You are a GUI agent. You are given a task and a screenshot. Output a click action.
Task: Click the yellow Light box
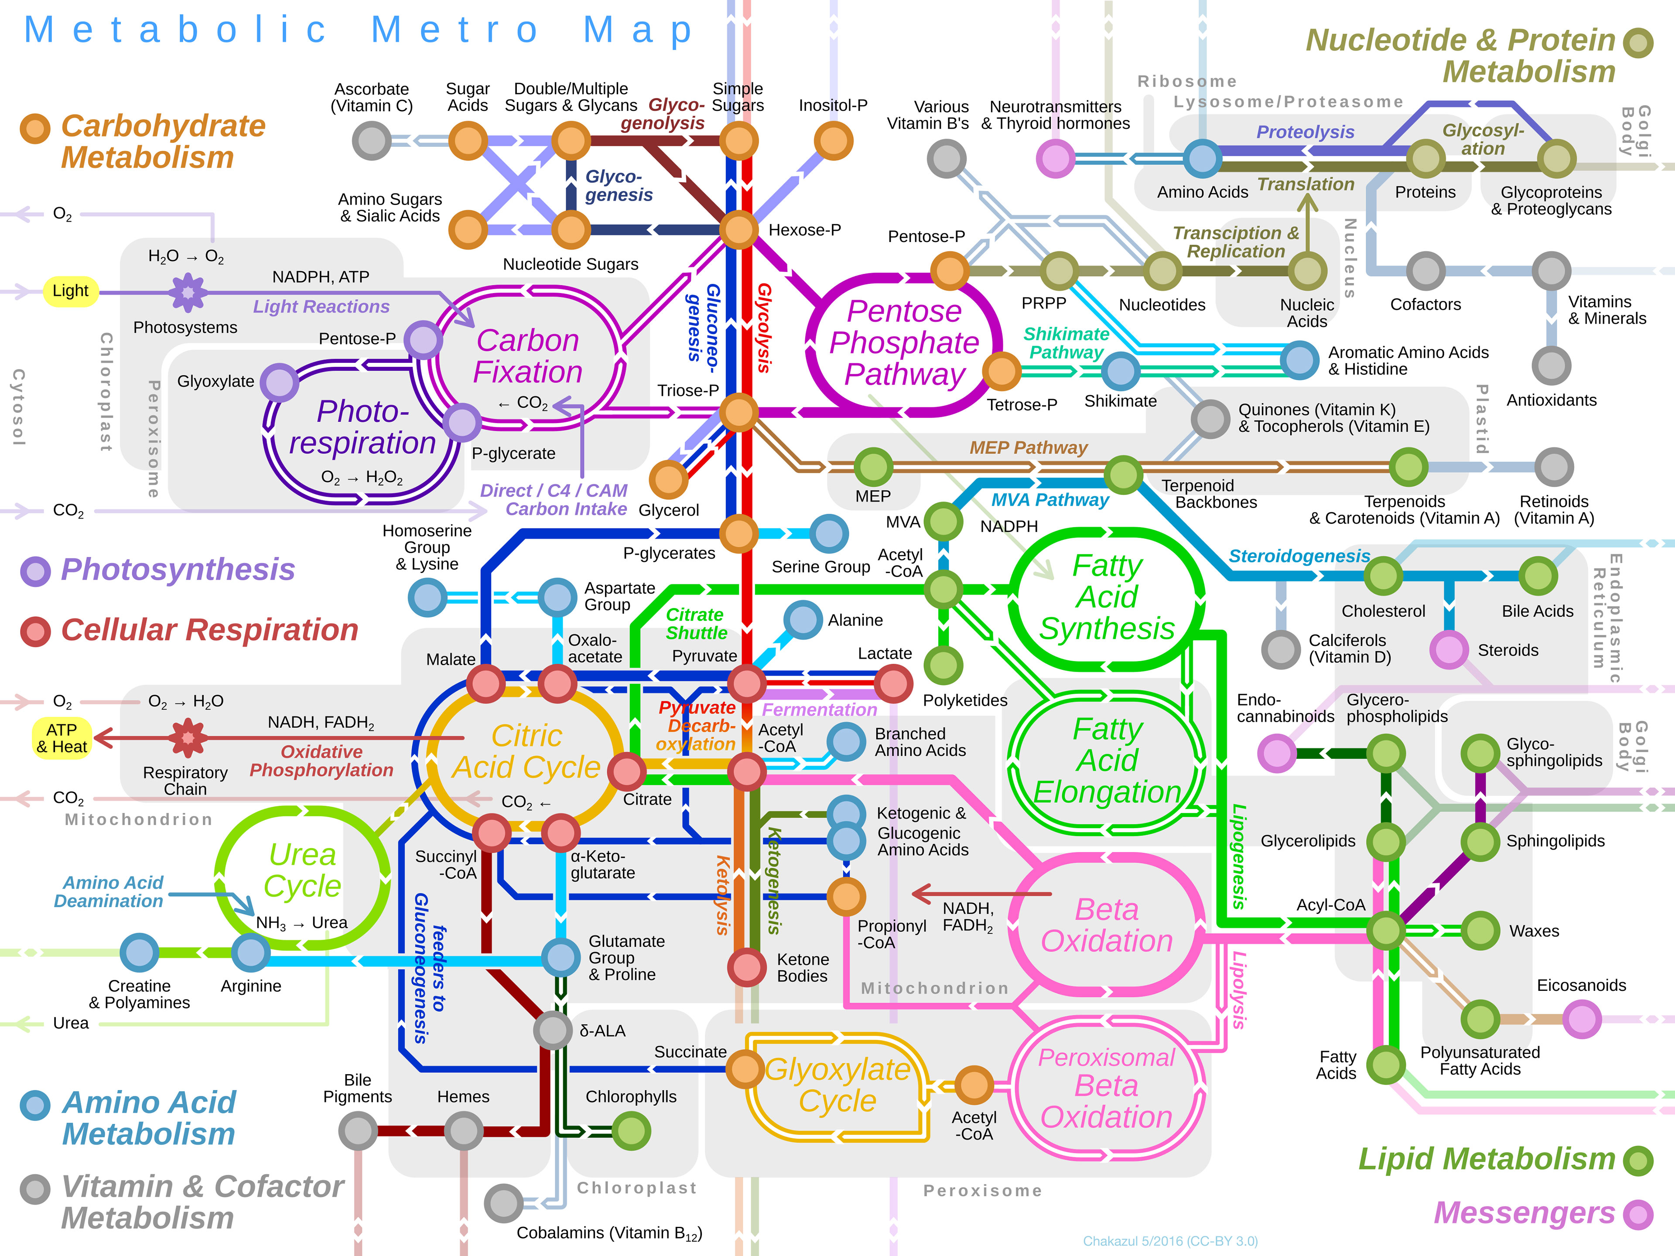click(70, 291)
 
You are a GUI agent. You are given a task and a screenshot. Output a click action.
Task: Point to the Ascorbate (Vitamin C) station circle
click(372, 141)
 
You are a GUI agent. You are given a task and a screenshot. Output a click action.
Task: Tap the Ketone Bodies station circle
click(747, 967)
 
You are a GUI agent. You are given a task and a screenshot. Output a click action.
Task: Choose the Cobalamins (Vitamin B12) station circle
click(503, 1203)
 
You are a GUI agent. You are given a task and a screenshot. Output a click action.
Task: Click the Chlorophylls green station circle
click(631, 1131)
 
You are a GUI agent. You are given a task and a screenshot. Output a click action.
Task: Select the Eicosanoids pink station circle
click(1582, 1019)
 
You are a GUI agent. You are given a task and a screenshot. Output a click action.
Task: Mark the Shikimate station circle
click(1120, 371)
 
